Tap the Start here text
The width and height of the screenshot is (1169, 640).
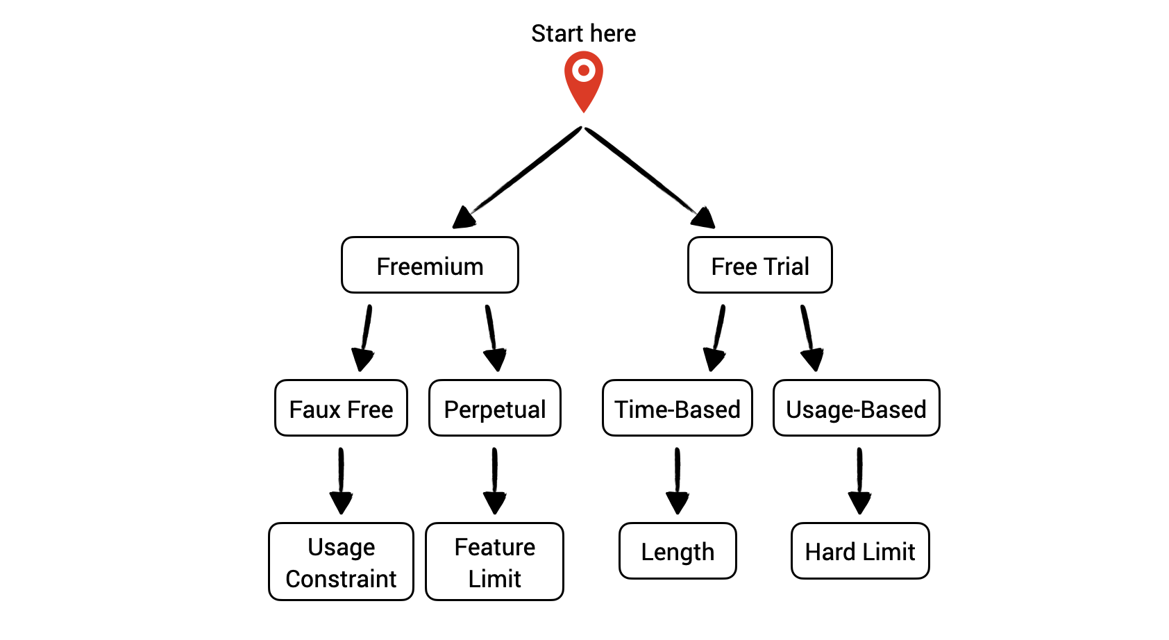click(583, 33)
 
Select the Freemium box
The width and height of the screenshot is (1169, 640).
click(430, 265)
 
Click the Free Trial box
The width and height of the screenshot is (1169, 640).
click(759, 265)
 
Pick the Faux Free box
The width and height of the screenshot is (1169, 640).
click(341, 408)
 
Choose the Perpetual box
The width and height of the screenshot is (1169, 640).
click(494, 408)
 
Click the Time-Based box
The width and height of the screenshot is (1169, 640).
click(677, 408)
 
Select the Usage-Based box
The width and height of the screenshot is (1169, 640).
click(856, 408)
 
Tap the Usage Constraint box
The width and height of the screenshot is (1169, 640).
click(341, 562)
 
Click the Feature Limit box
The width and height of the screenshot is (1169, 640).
click(494, 562)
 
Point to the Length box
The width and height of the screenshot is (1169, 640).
click(677, 551)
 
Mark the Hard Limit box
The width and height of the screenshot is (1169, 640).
click(859, 551)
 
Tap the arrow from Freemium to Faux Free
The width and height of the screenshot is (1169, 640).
click(365, 337)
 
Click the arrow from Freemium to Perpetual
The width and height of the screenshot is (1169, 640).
click(491, 337)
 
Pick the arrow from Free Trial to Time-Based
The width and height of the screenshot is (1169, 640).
click(717, 337)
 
